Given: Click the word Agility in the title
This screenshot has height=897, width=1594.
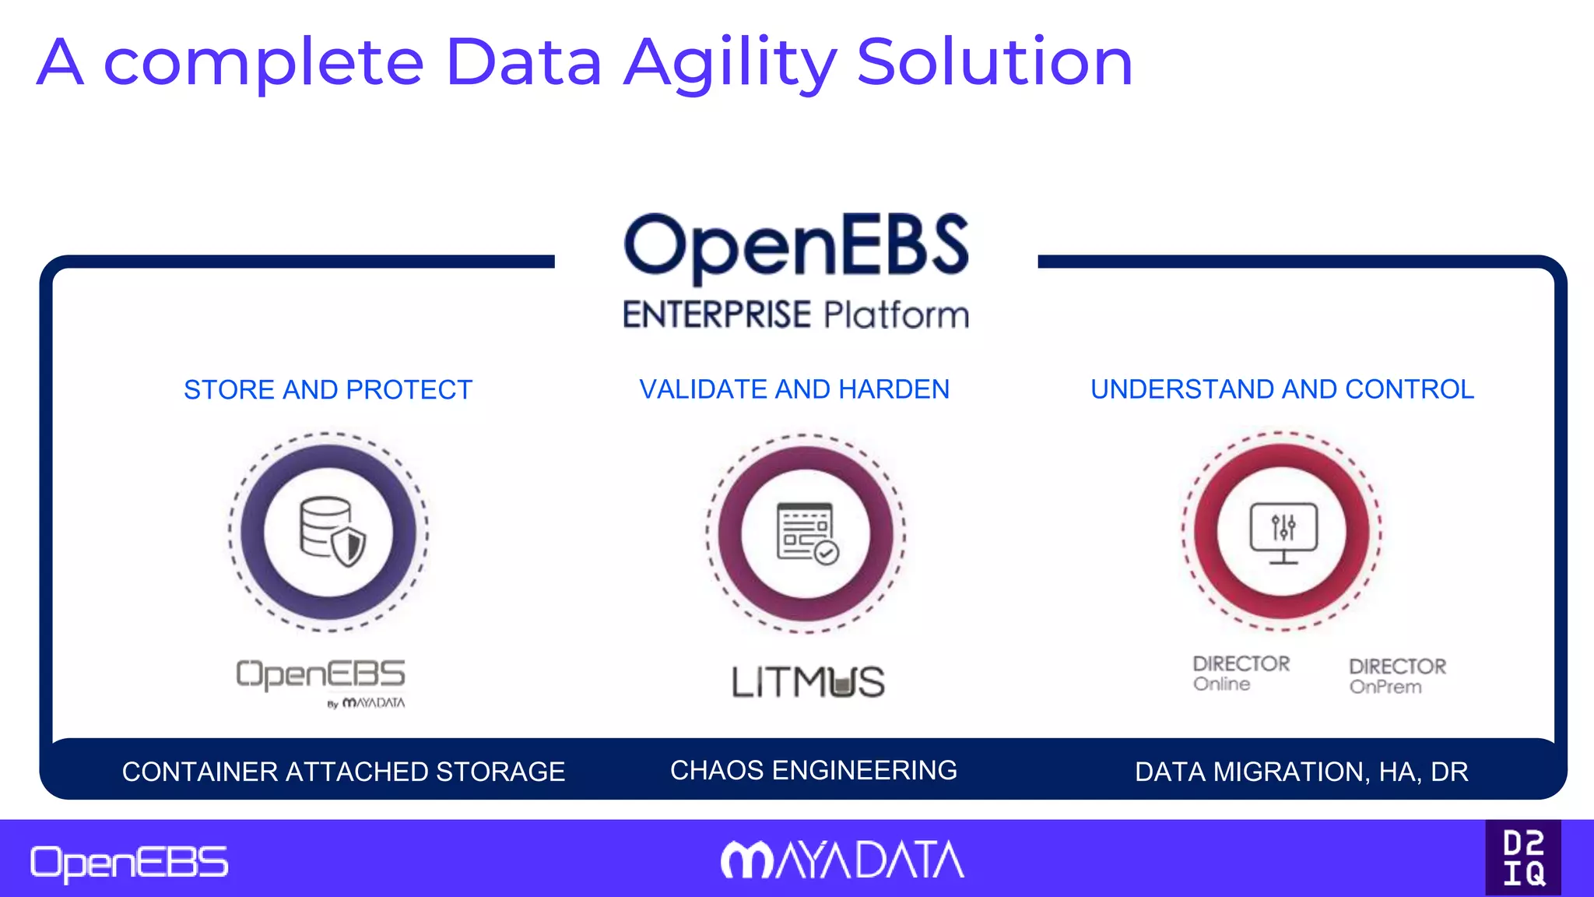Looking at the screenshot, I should [730, 64].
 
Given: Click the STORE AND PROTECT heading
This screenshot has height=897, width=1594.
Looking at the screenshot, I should [328, 389].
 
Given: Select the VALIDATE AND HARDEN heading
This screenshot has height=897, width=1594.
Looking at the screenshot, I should [794, 389].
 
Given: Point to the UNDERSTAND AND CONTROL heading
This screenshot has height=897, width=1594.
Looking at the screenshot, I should [1282, 389].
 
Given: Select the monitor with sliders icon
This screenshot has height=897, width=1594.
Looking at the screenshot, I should [1283, 533].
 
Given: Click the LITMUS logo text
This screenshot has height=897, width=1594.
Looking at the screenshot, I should [808, 682].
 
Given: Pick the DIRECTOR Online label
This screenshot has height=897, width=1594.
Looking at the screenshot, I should [1241, 674].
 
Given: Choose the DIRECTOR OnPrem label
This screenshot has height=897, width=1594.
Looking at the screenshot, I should [1397, 676].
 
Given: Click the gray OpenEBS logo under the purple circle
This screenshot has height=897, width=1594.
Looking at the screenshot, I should [321, 674].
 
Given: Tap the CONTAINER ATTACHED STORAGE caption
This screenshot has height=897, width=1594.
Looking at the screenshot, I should [343, 772].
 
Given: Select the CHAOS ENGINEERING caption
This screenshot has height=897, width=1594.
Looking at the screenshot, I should [813, 770].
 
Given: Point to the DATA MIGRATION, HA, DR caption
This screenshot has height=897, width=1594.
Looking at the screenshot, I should [1301, 772].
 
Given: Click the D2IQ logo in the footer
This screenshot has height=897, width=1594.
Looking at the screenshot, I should [1523, 858].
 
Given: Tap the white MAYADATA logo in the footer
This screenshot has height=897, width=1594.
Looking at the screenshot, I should [842, 860].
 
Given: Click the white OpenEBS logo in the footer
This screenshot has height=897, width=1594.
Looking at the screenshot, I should [129, 864].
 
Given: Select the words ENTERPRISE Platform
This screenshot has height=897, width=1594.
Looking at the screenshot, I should [795, 315].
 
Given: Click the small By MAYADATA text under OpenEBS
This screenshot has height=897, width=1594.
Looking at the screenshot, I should [366, 703].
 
